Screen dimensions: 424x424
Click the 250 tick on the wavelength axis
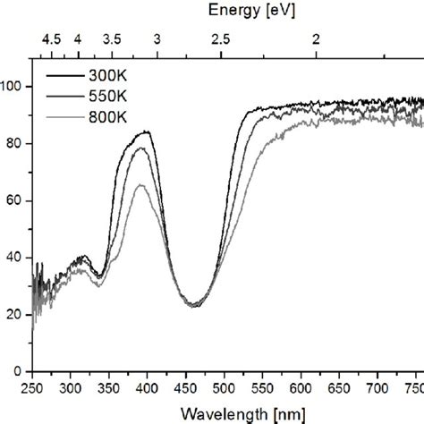pos(32,387)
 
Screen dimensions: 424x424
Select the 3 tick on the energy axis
pos(157,39)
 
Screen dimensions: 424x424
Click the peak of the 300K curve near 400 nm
pos(146,132)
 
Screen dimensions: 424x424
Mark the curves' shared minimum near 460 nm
pos(195,306)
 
